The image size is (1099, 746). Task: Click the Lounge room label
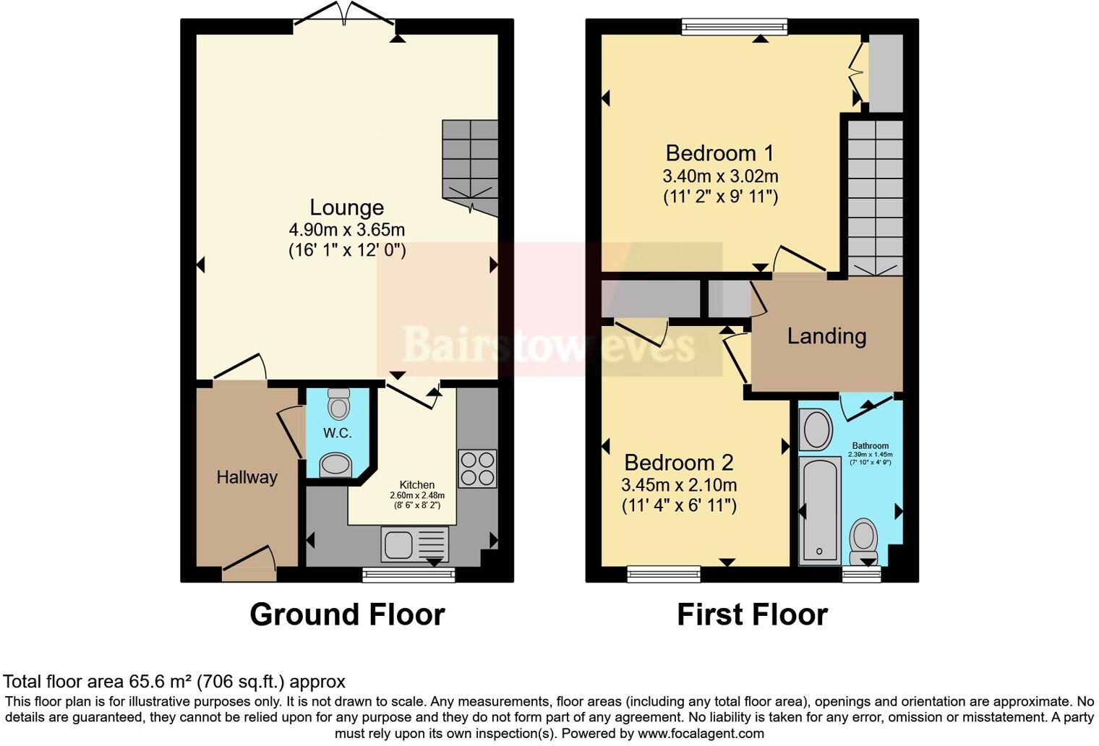point(346,207)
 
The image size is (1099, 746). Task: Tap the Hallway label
point(247,477)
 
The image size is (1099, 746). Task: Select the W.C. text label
point(337,433)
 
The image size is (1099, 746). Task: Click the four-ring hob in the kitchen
point(477,468)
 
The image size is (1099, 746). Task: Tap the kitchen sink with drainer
point(414,544)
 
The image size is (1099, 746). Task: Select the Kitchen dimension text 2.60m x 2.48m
point(417,495)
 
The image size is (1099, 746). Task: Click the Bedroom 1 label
point(719,153)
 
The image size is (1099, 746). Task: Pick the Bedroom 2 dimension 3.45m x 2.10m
point(679,485)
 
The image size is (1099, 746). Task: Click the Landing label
point(826,336)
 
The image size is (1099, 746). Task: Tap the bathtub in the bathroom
point(819,510)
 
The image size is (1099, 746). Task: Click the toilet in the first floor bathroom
point(863,541)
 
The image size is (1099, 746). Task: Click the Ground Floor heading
point(347,614)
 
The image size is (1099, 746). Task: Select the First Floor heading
point(752,614)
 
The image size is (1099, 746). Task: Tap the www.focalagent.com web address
point(700,733)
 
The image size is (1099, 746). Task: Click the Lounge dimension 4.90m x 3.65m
point(346,230)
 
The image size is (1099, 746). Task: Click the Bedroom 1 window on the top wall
point(735,27)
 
